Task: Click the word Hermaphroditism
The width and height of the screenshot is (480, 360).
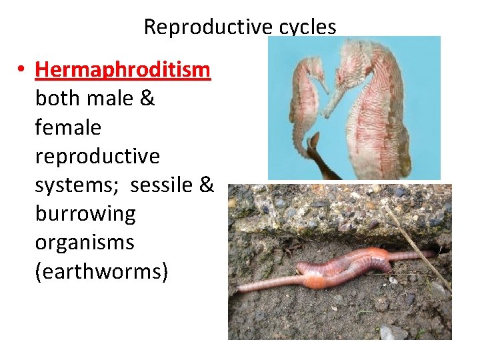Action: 123,69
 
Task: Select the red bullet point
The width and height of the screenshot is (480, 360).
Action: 22,70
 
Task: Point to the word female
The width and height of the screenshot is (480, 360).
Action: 68,127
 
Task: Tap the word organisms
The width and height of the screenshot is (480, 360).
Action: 84,243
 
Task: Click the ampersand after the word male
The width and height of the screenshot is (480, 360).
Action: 147,99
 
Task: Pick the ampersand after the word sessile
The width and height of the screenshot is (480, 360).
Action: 205,185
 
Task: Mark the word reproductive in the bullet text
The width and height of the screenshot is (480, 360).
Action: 97,157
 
